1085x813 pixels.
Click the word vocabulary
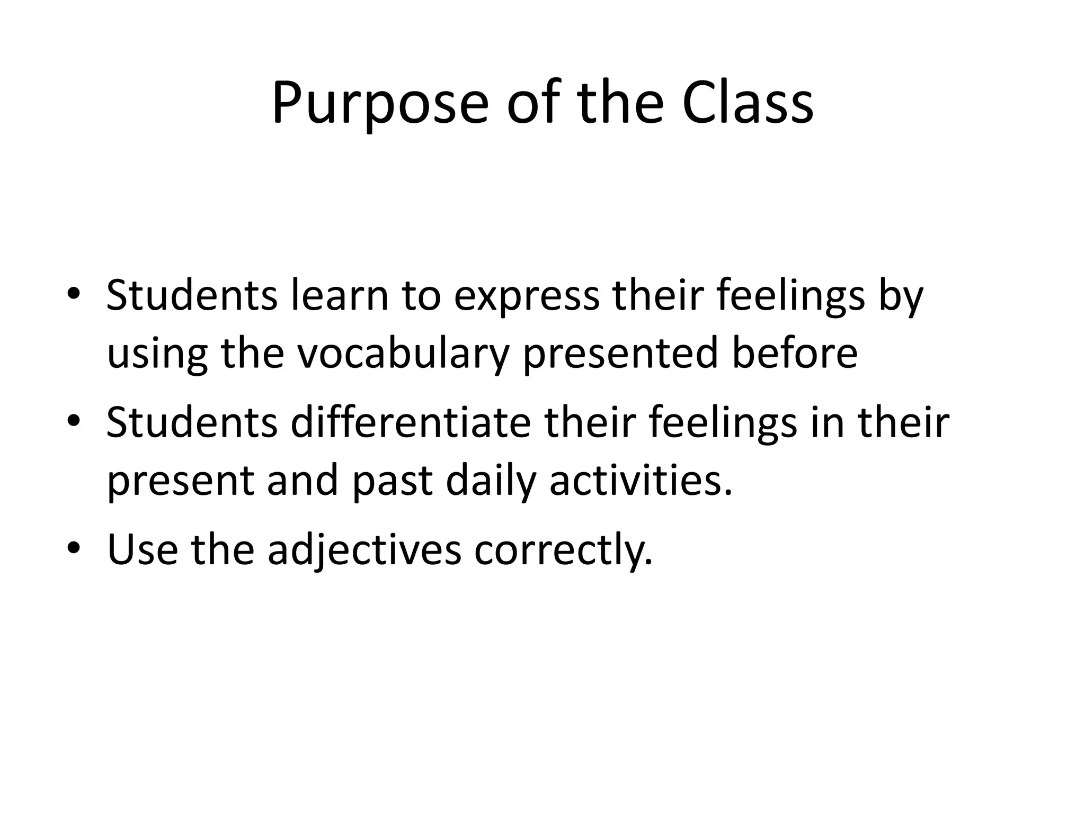(x=403, y=354)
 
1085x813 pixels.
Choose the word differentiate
(x=411, y=422)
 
